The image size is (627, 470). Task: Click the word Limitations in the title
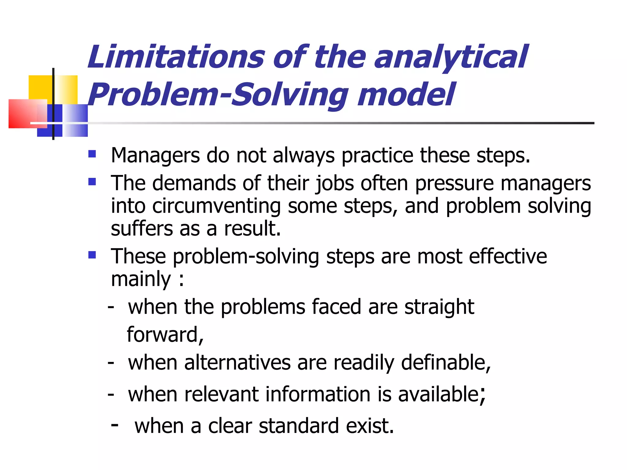(176, 57)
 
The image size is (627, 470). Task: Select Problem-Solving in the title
(218, 95)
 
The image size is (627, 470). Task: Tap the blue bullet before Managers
(92, 154)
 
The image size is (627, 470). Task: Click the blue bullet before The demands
(92, 182)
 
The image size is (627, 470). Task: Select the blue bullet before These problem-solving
(92, 255)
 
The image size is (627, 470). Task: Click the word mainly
(141, 279)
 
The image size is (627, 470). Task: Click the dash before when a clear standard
(115, 425)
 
